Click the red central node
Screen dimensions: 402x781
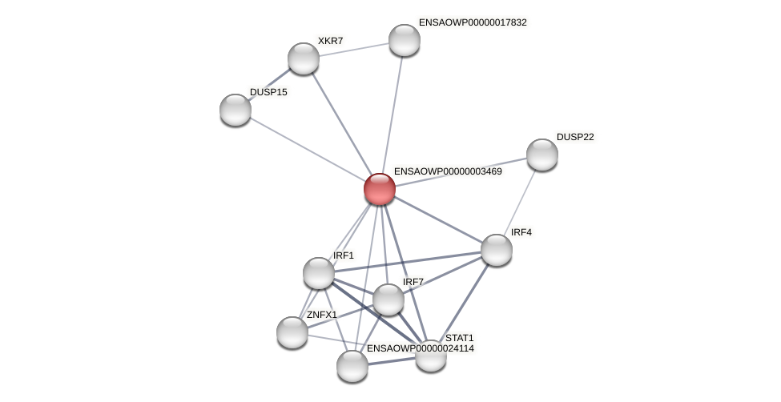click(x=380, y=189)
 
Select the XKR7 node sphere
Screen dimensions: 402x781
click(x=304, y=58)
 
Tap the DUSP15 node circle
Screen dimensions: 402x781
click(x=236, y=110)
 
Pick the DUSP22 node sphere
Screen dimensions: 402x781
click(x=542, y=155)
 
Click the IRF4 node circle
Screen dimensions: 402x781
click(x=497, y=250)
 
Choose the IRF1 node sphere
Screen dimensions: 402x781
click(x=319, y=273)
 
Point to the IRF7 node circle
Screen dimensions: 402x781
click(x=388, y=299)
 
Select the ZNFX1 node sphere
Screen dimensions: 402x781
click(x=292, y=332)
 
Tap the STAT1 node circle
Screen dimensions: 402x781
click(x=431, y=356)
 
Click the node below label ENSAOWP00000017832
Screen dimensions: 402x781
click(x=405, y=40)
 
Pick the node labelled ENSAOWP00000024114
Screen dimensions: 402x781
click(x=352, y=366)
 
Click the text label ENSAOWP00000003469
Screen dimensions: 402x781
click(x=448, y=171)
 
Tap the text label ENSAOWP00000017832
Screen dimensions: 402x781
click(x=473, y=22)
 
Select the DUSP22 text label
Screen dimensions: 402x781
click(x=575, y=137)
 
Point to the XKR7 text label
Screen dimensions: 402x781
click(x=330, y=41)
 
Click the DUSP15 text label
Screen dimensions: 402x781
click(x=268, y=92)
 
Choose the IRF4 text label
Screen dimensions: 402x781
click(x=521, y=232)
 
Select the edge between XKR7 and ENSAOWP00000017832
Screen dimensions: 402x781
click(x=354, y=49)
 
